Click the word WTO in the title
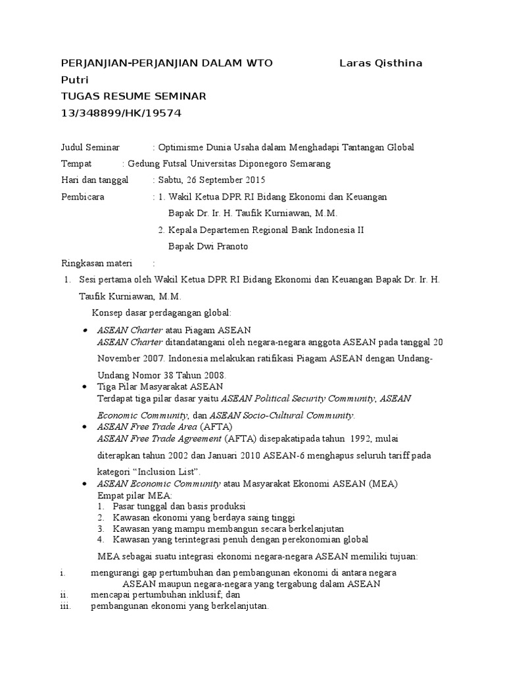pyautogui.click(x=258, y=63)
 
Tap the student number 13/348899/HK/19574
pyautogui.click(x=120, y=113)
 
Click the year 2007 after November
pyautogui.click(x=154, y=359)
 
